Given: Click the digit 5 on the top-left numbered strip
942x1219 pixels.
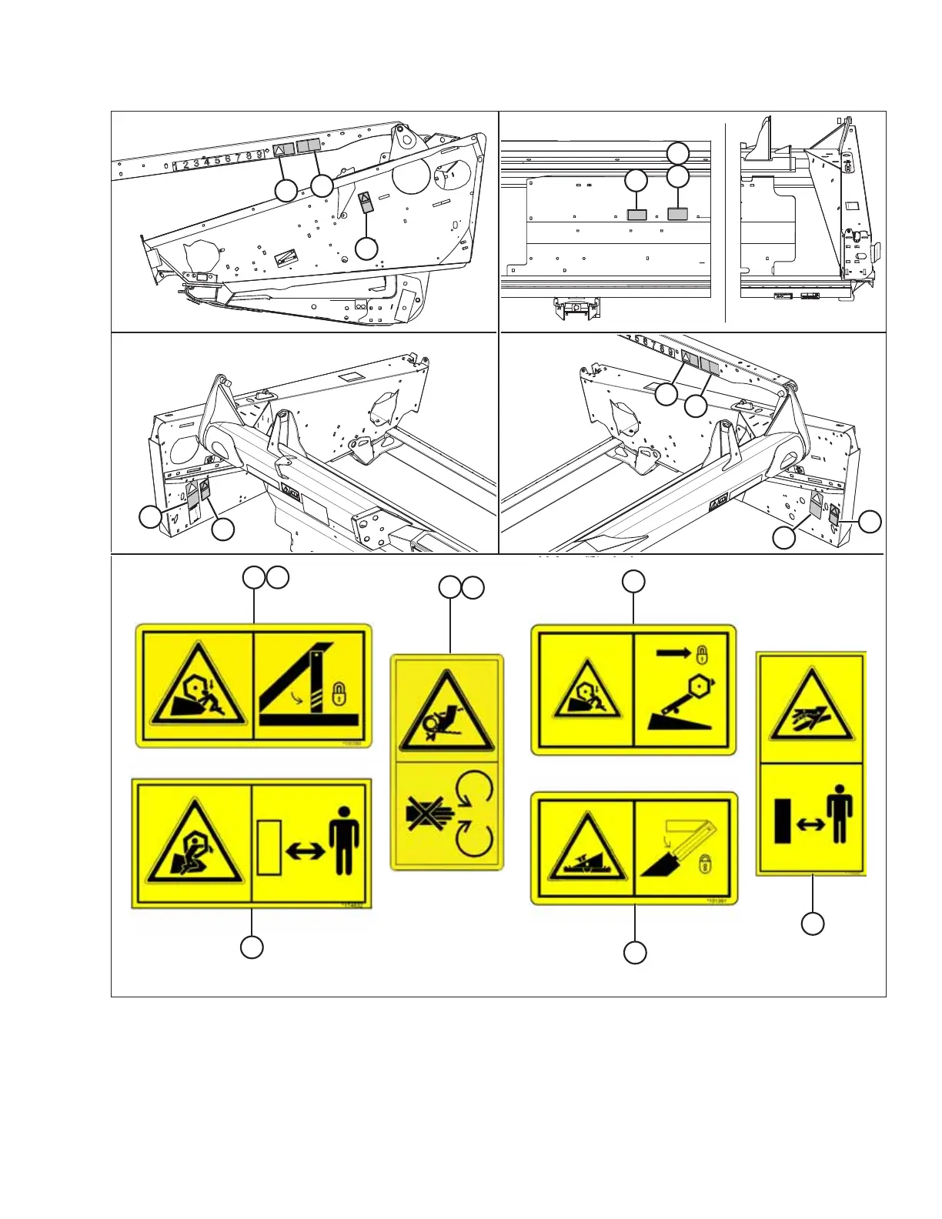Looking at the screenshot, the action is point(217,161).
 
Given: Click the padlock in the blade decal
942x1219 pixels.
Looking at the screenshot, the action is point(704,864).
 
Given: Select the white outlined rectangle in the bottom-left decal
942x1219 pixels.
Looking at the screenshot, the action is point(268,847).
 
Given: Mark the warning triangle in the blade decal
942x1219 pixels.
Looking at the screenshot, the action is point(583,851).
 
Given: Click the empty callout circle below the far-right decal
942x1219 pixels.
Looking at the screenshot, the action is point(813,923).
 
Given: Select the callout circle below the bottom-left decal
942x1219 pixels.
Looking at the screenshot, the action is point(251,947).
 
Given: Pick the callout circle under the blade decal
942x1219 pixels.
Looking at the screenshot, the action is point(634,953).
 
